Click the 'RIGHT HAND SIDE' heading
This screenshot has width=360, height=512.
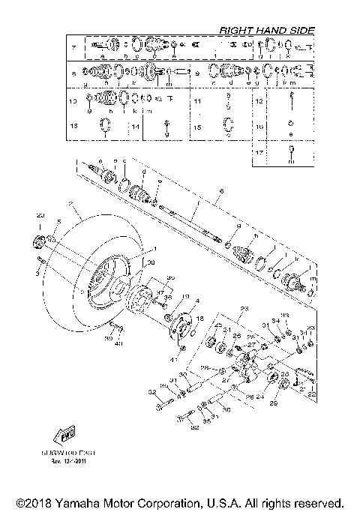click(x=266, y=30)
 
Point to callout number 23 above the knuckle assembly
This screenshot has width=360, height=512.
click(x=244, y=309)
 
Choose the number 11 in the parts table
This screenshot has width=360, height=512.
click(x=197, y=100)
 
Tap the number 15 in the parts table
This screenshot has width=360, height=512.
click(x=197, y=127)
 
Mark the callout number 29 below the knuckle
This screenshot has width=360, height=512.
click(x=272, y=405)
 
